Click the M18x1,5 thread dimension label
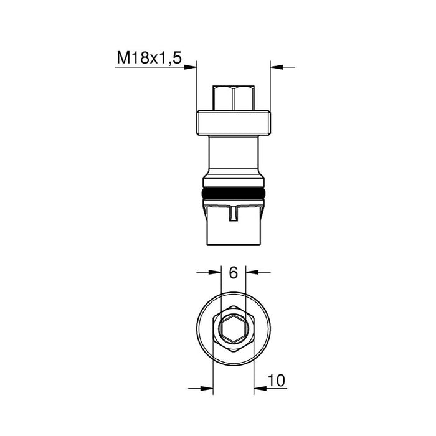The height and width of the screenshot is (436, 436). [x=149, y=58]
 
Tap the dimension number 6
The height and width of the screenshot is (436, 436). [x=234, y=273]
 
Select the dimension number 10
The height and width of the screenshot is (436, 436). [x=277, y=380]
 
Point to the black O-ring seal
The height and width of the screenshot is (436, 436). [x=234, y=193]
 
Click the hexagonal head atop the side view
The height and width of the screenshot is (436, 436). [x=234, y=98]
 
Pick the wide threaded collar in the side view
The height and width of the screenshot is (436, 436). [x=234, y=123]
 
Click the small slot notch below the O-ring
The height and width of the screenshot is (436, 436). [x=234, y=214]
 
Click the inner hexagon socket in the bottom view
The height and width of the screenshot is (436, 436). [x=234, y=329]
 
